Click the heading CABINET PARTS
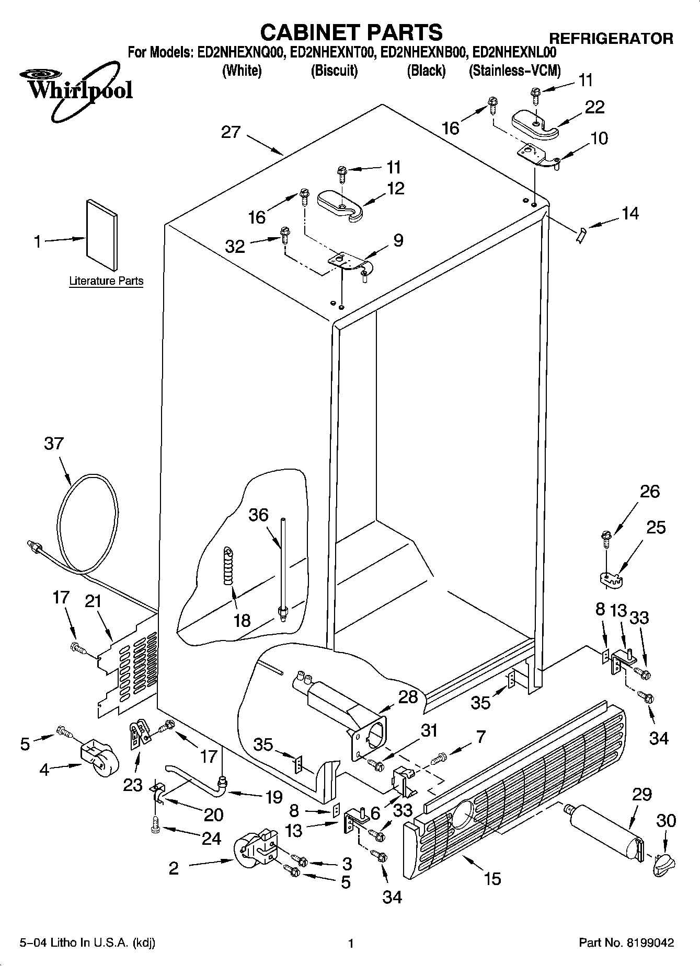[351, 32]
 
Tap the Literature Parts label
[106, 281]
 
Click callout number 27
[231, 132]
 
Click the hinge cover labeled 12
[340, 204]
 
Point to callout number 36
[258, 515]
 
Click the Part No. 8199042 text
[626, 943]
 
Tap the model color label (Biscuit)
[334, 71]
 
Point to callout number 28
[408, 697]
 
